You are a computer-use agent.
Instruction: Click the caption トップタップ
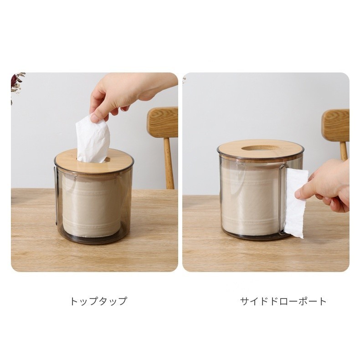tap(98, 301)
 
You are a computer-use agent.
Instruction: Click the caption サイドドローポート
tap(283, 301)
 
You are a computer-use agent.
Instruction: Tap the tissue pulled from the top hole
tap(93, 139)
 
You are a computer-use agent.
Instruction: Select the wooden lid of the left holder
tap(94, 161)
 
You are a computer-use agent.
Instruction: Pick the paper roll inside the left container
tap(92, 206)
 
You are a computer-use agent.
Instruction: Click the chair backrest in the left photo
tap(163, 123)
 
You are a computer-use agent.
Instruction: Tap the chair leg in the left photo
tap(169, 163)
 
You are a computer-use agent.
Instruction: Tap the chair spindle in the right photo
tap(344, 150)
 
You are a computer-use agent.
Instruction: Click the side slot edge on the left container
tap(56, 195)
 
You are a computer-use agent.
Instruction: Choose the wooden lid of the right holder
tap(261, 149)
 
